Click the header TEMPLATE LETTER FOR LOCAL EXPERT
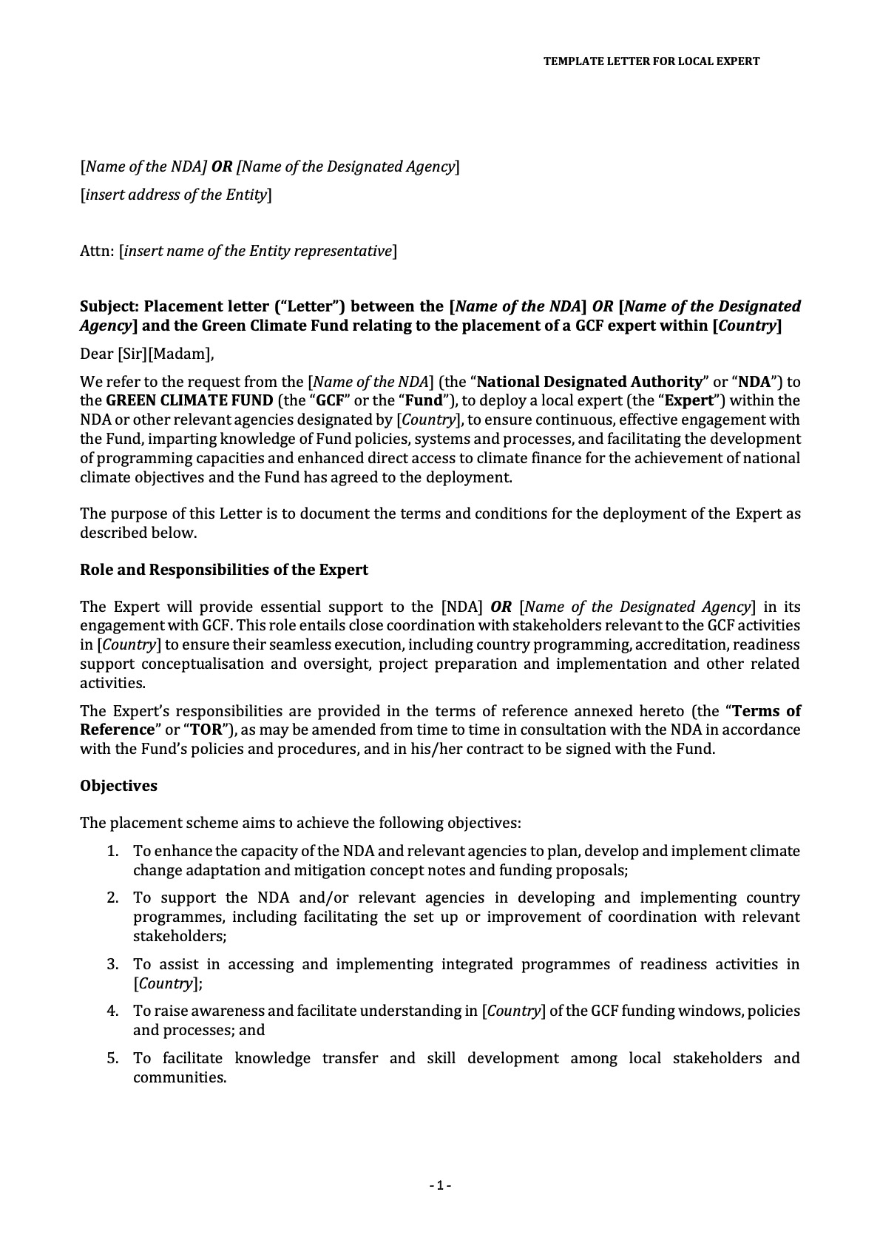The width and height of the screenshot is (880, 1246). point(651,61)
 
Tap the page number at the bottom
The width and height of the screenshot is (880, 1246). point(440,1186)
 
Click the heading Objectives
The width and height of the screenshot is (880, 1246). point(118,786)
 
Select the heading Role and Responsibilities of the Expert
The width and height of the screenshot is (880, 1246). point(223,570)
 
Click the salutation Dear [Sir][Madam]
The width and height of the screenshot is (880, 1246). point(146,354)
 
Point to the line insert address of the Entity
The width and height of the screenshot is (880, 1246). point(175,195)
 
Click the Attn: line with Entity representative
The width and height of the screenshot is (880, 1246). point(238,252)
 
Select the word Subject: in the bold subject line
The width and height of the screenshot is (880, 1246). point(109,306)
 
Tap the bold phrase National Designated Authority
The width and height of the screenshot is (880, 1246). point(589,383)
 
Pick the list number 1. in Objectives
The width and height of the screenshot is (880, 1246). point(112,851)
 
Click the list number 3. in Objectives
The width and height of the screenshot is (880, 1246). point(112,964)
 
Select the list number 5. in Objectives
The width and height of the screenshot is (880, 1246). point(112,1058)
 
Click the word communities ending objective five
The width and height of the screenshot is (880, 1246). point(179,1077)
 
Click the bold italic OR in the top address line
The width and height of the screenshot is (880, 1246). point(222,167)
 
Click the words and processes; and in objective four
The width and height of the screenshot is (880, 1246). point(198,1030)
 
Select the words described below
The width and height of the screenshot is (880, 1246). point(138,533)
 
